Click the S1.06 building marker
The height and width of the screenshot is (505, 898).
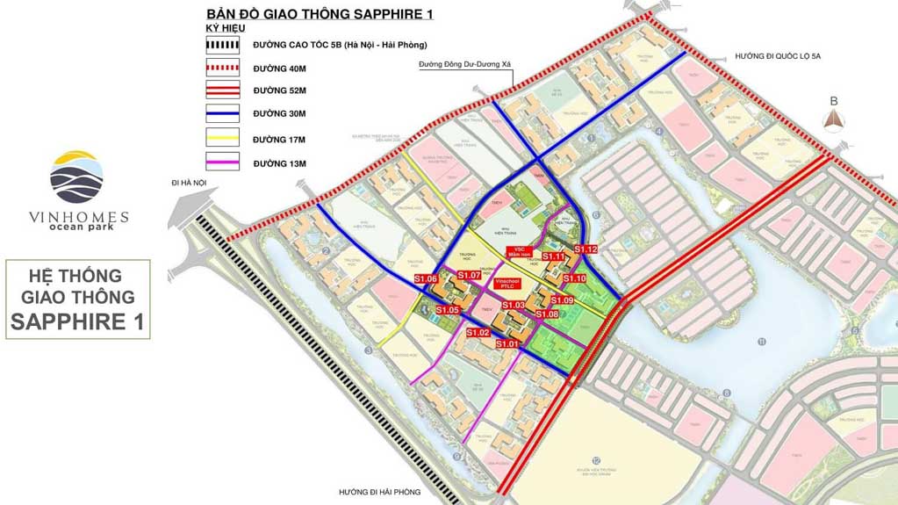(426, 279)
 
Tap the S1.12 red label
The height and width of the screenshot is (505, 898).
(586, 249)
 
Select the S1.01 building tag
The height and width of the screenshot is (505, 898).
(507, 344)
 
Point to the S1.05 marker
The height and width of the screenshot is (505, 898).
(448, 310)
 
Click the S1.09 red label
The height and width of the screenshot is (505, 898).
(563, 300)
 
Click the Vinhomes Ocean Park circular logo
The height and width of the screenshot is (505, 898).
(76, 177)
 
